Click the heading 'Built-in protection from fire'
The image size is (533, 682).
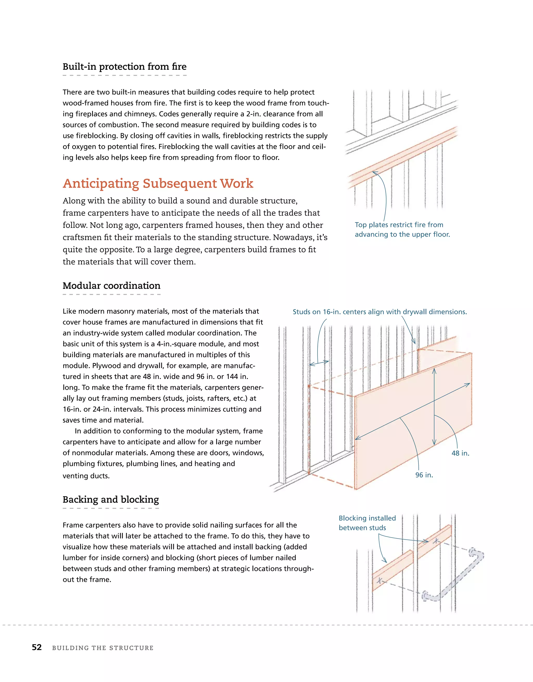124,67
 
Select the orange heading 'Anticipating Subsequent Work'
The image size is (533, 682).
158,183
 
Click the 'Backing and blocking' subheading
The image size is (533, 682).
111,499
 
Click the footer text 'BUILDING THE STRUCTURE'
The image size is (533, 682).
103,648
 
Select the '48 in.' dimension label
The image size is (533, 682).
460,453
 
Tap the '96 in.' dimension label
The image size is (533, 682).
424,475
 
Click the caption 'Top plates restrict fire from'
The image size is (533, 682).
399,225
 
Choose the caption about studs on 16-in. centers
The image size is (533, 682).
379,312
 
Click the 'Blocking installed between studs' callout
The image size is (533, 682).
367,523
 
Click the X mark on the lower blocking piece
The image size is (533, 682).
379,580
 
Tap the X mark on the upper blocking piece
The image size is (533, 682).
436,541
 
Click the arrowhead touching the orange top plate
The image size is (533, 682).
375,173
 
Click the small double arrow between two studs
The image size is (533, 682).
319,363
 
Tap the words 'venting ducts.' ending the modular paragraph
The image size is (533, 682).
86,476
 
